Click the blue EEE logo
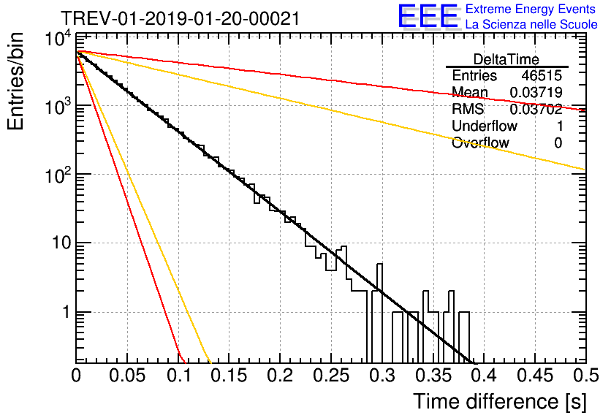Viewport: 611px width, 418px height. click(x=428, y=18)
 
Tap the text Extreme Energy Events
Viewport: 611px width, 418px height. click(x=531, y=9)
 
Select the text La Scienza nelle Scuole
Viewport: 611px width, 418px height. click(x=531, y=25)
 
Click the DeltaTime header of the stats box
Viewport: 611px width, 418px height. click(x=506, y=59)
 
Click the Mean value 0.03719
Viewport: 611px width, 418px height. click(x=536, y=92)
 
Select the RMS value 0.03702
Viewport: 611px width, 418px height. click(x=536, y=110)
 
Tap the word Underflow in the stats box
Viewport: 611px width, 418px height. click(x=485, y=126)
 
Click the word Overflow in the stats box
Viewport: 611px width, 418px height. click(x=480, y=142)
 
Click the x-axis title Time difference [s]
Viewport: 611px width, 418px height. click(x=498, y=400)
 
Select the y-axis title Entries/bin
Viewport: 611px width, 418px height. click(x=20, y=81)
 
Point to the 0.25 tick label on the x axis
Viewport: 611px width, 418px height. click(x=330, y=375)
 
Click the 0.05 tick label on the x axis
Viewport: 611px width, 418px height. click(x=127, y=375)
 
